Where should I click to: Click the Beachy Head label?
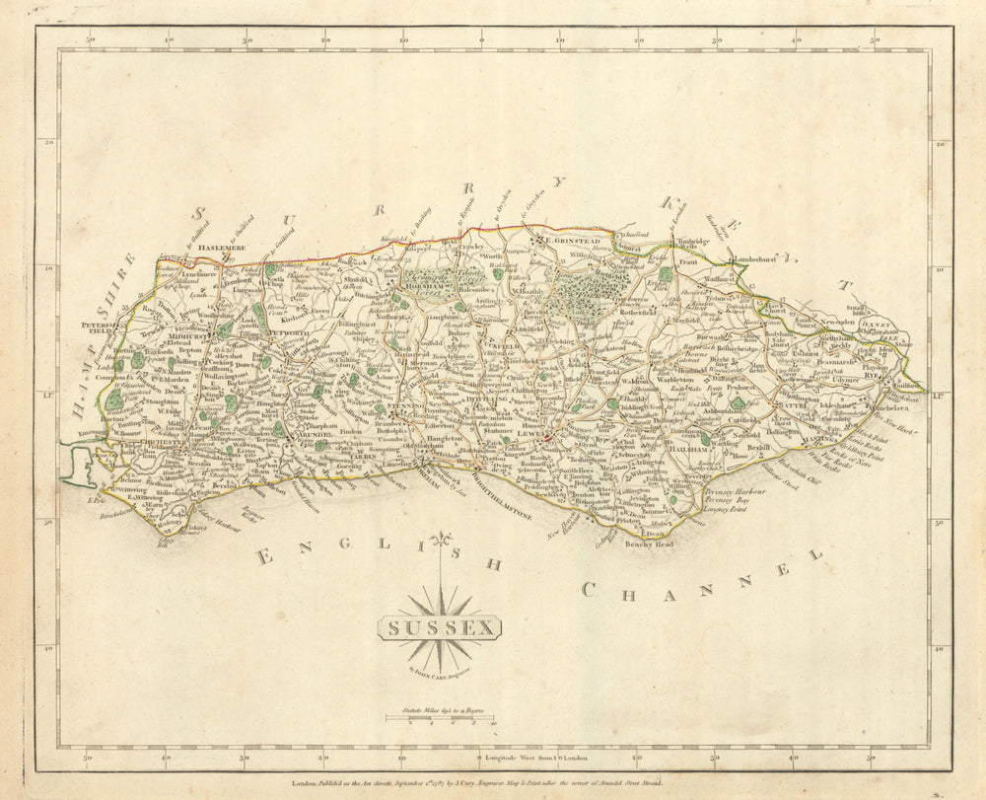pyautogui.click(x=648, y=545)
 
